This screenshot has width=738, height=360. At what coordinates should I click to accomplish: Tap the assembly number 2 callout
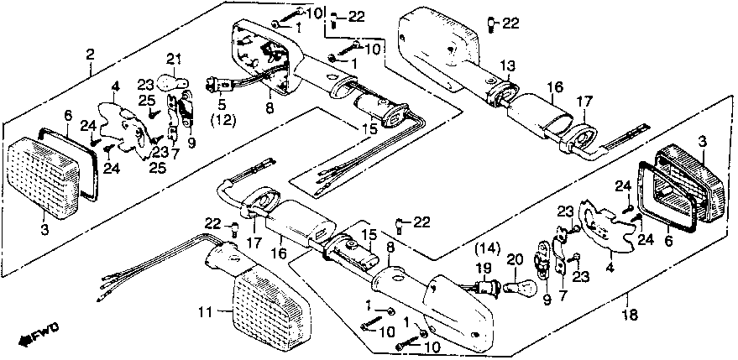point(90,55)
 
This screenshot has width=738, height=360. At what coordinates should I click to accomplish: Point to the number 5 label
point(222,105)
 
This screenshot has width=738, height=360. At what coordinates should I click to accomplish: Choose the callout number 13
point(507,65)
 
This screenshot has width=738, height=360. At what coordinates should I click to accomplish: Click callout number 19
point(482,269)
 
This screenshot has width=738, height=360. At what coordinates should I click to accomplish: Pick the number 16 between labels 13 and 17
point(553,86)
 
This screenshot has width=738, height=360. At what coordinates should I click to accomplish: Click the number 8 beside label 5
point(269,107)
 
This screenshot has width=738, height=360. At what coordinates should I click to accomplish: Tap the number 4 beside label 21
point(115,86)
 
